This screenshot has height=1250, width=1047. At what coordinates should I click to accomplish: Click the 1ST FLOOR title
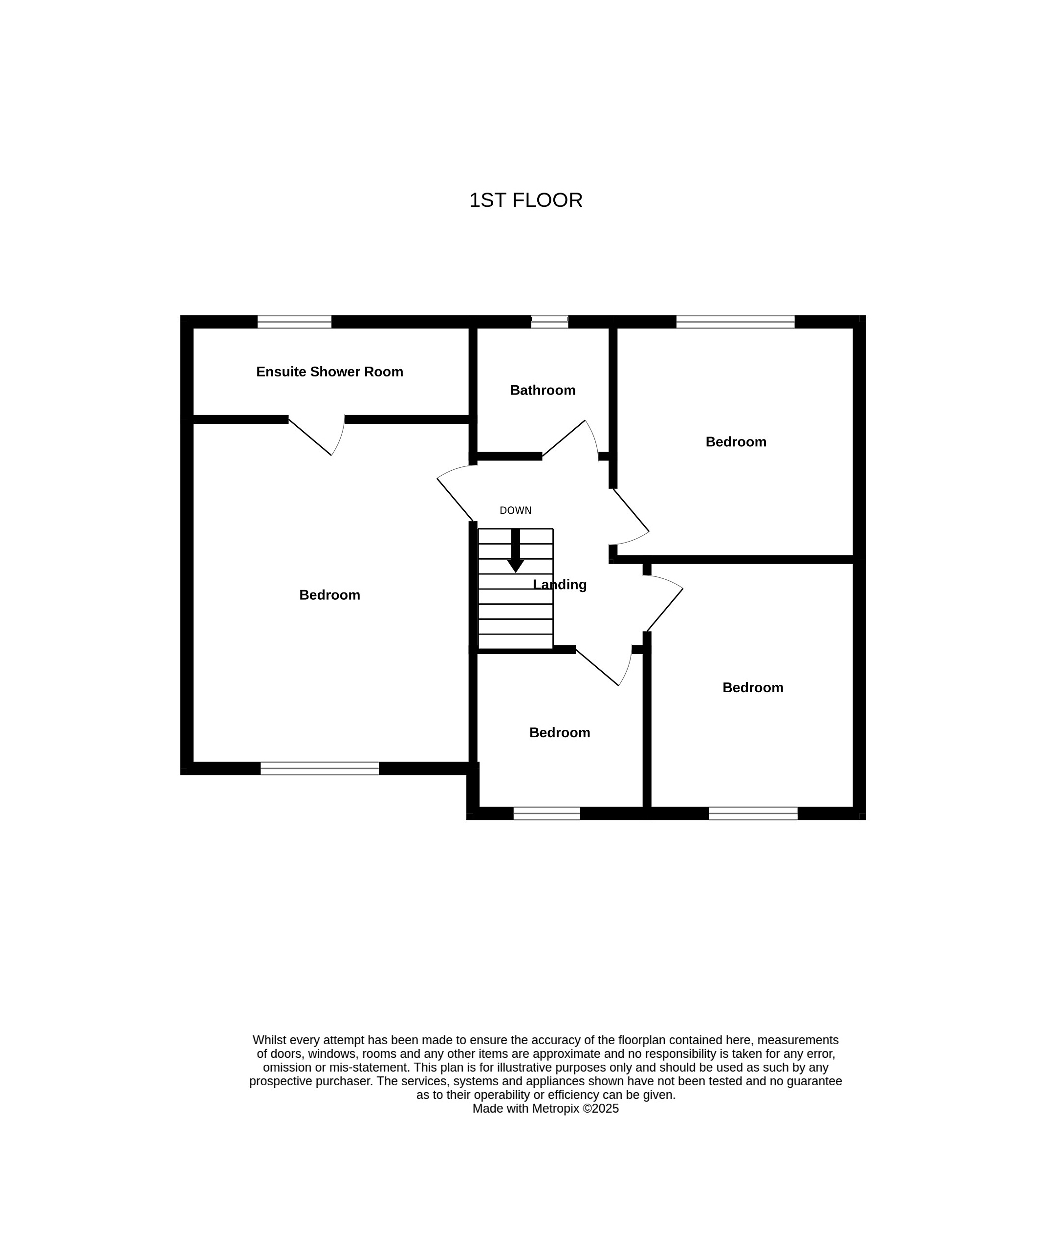click(x=525, y=200)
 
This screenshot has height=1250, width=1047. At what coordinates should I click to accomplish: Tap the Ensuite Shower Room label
click(x=330, y=372)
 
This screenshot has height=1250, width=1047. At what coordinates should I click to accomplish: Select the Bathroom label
click(x=543, y=391)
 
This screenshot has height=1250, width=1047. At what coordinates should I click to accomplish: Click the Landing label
click(x=560, y=585)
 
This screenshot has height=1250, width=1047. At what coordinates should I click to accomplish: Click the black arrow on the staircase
click(x=516, y=550)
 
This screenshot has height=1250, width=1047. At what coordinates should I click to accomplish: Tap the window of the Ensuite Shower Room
click(x=294, y=322)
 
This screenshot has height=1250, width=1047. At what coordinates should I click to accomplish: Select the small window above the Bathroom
click(x=549, y=322)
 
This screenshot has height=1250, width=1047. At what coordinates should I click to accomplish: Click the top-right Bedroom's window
click(x=735, y=322)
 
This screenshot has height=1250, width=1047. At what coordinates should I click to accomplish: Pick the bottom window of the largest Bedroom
click(x=320, y=768)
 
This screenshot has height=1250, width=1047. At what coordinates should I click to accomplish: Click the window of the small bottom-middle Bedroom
click(x=546, y=813)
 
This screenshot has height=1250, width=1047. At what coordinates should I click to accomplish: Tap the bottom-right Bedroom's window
click(x=753, y=813)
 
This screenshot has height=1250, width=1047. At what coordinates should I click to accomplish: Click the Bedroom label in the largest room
click(x=330, y=595)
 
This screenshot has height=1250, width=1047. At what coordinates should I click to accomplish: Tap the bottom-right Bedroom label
click(x=753, y=688)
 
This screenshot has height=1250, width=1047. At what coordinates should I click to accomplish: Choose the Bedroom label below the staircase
click(x=560, y=733)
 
